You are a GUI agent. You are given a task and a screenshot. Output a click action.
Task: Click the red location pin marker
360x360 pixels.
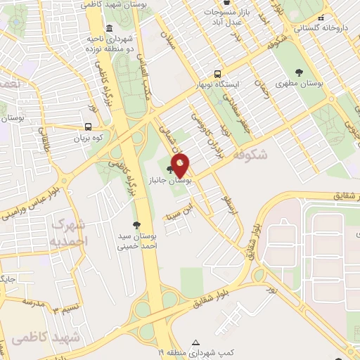[x=181, y=165]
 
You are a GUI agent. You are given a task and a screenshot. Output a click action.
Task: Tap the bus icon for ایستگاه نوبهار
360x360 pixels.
[x=217, y=74]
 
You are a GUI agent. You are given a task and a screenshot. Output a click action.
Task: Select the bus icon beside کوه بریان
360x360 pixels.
[x=88, y=127]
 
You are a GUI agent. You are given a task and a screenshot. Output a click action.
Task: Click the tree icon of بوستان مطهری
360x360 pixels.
[x=300, y=72]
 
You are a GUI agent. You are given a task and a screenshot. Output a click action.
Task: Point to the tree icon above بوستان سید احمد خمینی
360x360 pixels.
[x=136, y=224]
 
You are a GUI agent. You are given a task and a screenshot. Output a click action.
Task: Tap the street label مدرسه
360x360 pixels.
[x=32, y=302]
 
